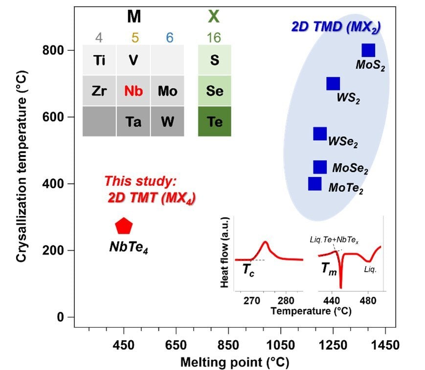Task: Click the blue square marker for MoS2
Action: pyautogui.click(x=368, y=50)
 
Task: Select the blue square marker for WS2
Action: pyautogui.click(x=333, y=84)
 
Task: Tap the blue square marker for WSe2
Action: pyautogui.click(x=320, y=134)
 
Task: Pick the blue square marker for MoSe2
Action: pyautogui.click(x=320, y=167)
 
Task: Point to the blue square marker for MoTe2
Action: pyautogui.click(x=315, y=184)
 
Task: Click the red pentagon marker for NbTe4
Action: pyautogui.click(x=124, y=226)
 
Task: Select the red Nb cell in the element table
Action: pyautogui.click(x=134, y=91)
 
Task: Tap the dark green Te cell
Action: pyautogui.click(x=214, y=121)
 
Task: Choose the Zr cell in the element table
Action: pyautogui.click(x=99, y=91)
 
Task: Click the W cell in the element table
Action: pyautogui.click(x=167, y=121)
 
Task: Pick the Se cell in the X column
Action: pyautogui.click(x=214, y=91)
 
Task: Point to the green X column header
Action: pyautogui.click(x=214, y=18)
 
